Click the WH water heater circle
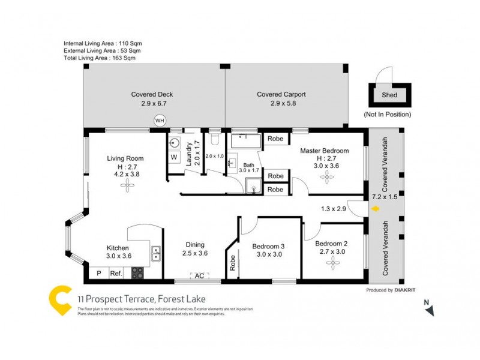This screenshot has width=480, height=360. coord(160,121)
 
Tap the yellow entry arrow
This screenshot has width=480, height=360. coord(375,209)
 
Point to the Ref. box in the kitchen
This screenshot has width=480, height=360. coord(116,274)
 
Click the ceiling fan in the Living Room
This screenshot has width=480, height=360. coord(127,186)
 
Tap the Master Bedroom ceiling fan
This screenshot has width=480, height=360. coord(327,176)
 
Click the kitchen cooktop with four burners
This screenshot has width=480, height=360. coord(137,273)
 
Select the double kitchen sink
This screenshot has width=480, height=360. coord(155,253)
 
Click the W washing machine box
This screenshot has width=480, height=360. coord(174,158)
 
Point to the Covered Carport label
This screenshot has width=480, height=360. coord(281,95)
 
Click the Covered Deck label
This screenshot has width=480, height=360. coord(152,95)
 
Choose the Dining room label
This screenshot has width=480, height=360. coord(195,245)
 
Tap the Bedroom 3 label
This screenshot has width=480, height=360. coord(268,246)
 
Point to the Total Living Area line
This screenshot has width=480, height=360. coord(100,58)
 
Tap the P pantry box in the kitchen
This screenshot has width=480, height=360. coord(98,274)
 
